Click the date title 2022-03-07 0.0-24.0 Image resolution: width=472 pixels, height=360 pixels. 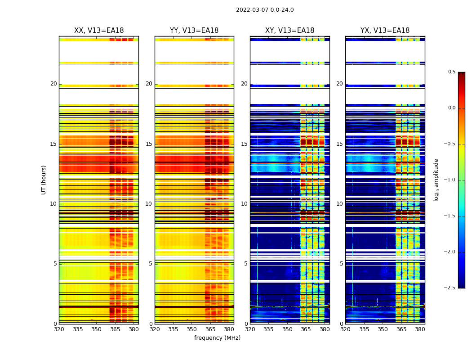click(x=265, y=10)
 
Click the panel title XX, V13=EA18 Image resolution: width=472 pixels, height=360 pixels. click(x=99, y=31)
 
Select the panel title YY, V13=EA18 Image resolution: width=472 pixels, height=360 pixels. click(x=194, y=31)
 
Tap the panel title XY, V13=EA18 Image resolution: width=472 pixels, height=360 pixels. click(x=289, y=31)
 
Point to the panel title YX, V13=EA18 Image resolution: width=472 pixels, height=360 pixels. click(x=385, y=31)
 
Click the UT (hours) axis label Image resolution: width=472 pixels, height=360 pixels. click(x=44, y=180)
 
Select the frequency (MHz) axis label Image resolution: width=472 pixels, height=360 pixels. click(x=217, y=338)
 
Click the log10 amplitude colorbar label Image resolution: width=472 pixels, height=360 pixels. click(x=436, y=180)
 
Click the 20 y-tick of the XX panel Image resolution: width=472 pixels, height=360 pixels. click(x=53, y=84)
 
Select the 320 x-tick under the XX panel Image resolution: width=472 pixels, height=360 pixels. click(x=59, y=329)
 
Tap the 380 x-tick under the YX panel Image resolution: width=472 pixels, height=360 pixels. click(x=420, y=329)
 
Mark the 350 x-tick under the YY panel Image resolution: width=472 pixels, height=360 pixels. click(x=192, y=329)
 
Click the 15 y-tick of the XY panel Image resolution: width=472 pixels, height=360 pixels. click(x=245, y=144)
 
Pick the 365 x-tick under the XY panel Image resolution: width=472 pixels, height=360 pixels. click(x=306, y=329)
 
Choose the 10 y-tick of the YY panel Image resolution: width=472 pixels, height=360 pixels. click(x=149, y=204)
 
